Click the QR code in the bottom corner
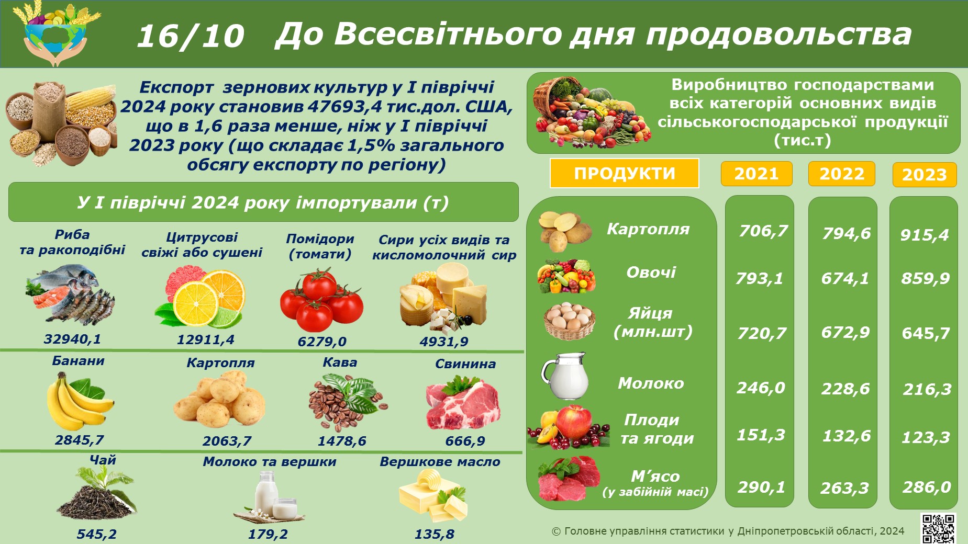click(x=939, y=528)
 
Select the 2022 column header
click(x=842, y=174)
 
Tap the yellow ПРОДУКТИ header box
click(x=624, y=173)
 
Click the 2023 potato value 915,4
click(x=925, y=235)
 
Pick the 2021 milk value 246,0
click(x=761, y=388)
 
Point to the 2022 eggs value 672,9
click(x=845, y=332)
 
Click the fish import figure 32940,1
click(x=72, y=339)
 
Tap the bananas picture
click(x=80, y=401)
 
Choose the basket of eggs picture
click(x=569, y=321)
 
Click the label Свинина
click(x=465, y=364)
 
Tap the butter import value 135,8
click(x=434, y=534)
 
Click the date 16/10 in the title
click(x=191, y=36)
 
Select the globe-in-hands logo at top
click(x=55, y=33)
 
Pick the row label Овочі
click(x=651, y=272)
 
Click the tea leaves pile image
click(x=97, y=492)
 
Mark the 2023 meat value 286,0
click(x=926, y=487)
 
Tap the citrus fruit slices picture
click(x=200, y=297)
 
